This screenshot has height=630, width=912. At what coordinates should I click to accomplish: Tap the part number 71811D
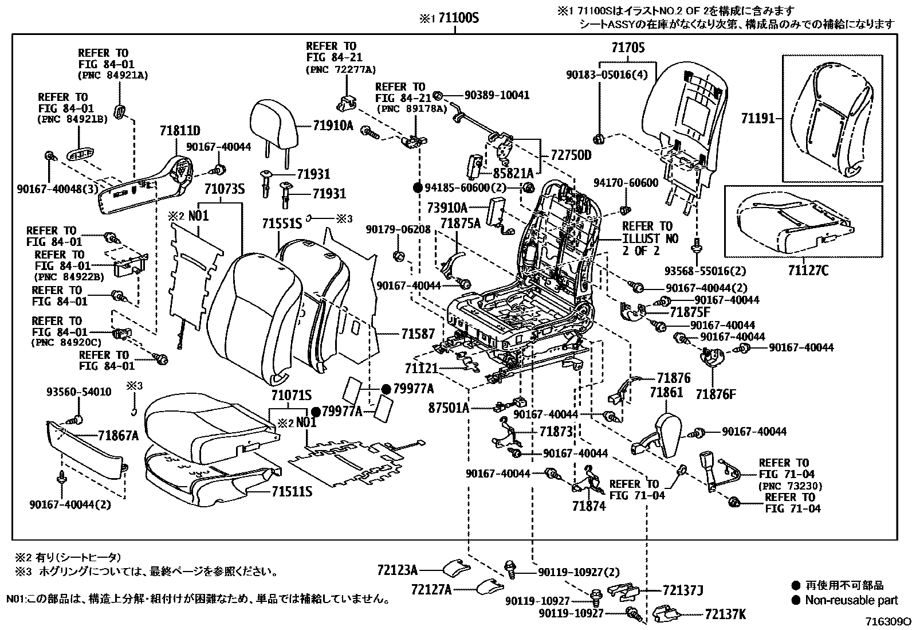[180, 131]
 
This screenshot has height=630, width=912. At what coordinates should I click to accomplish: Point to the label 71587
[418, 334]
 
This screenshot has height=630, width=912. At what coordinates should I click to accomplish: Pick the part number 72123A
[397, 570]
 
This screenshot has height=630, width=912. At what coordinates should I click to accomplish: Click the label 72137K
[725, 615]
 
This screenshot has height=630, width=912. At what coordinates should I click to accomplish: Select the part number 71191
[757, 119]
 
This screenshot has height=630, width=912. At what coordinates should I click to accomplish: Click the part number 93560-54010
[78, 392]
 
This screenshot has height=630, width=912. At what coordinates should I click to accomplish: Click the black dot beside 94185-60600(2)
[418, 187]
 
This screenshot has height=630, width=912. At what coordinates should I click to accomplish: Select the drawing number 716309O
[888, 622]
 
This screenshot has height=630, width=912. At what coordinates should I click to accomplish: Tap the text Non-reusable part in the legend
[851, 600]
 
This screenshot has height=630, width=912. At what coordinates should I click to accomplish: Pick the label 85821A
[513, 173]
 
